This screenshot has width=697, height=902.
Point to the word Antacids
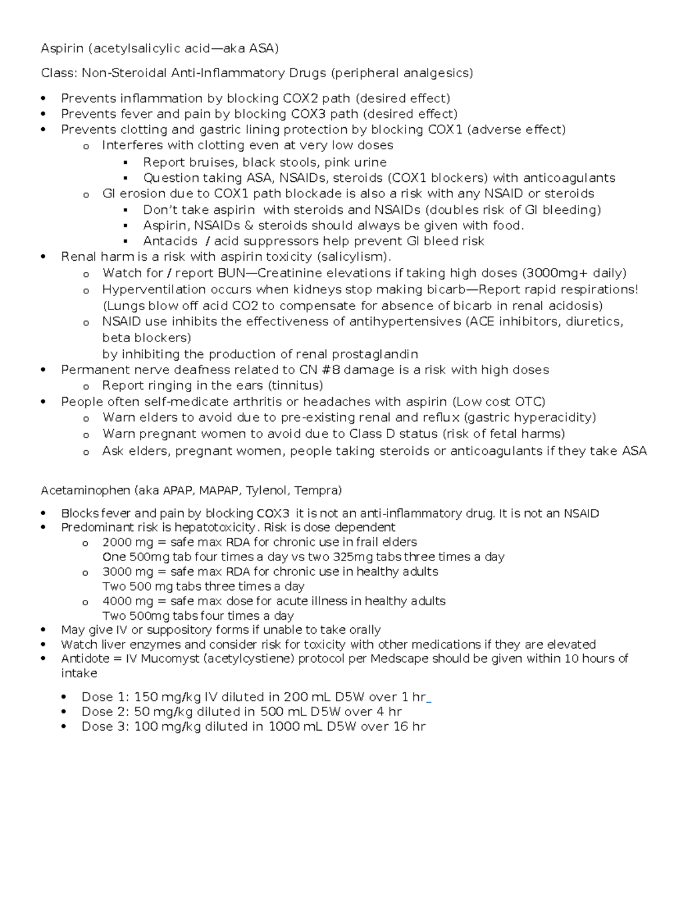(x=170, y=241)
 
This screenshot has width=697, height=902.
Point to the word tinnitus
(x=294, y=386)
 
